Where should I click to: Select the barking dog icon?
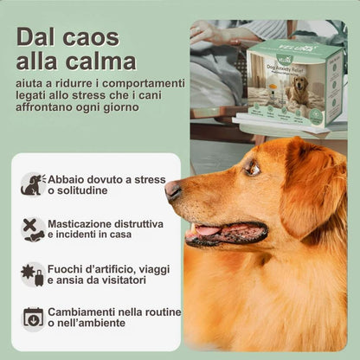33,183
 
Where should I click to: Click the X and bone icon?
33,228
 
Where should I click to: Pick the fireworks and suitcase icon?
33,273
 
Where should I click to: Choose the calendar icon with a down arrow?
33,318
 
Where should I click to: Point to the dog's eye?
253,170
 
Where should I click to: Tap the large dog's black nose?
173,190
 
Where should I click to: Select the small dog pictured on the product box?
297,90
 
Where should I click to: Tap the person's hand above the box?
209,33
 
